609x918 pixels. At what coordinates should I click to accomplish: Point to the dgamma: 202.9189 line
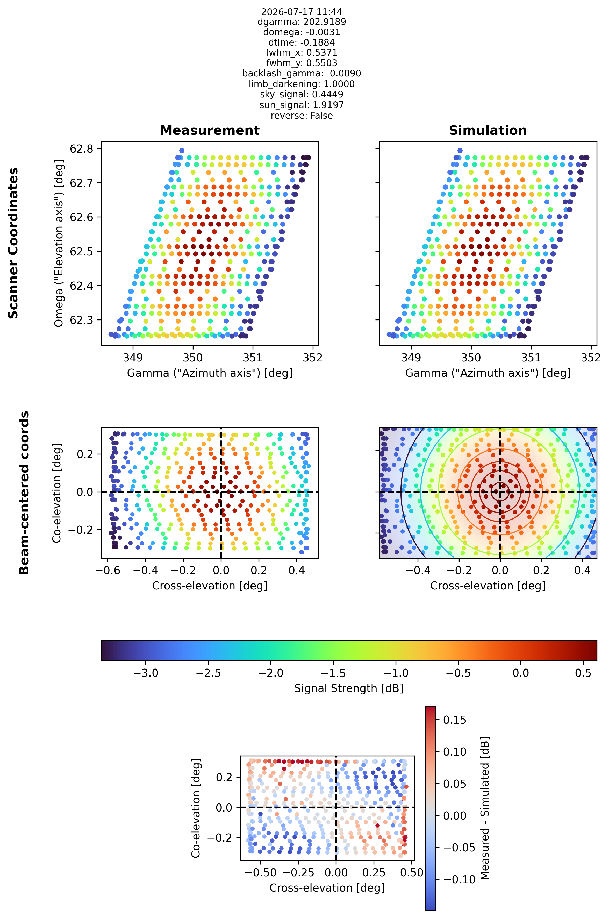302,22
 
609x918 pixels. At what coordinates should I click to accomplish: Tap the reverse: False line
302,115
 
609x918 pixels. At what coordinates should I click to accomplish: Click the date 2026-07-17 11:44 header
302,12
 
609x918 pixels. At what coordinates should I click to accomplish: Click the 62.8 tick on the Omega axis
82,149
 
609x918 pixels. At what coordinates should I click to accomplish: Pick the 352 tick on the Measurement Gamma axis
313,357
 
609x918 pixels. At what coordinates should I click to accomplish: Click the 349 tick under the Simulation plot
411,357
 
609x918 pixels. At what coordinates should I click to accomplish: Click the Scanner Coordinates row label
13,243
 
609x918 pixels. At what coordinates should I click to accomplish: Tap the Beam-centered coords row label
24,493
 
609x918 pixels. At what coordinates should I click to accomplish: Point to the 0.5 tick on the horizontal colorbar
583,673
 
